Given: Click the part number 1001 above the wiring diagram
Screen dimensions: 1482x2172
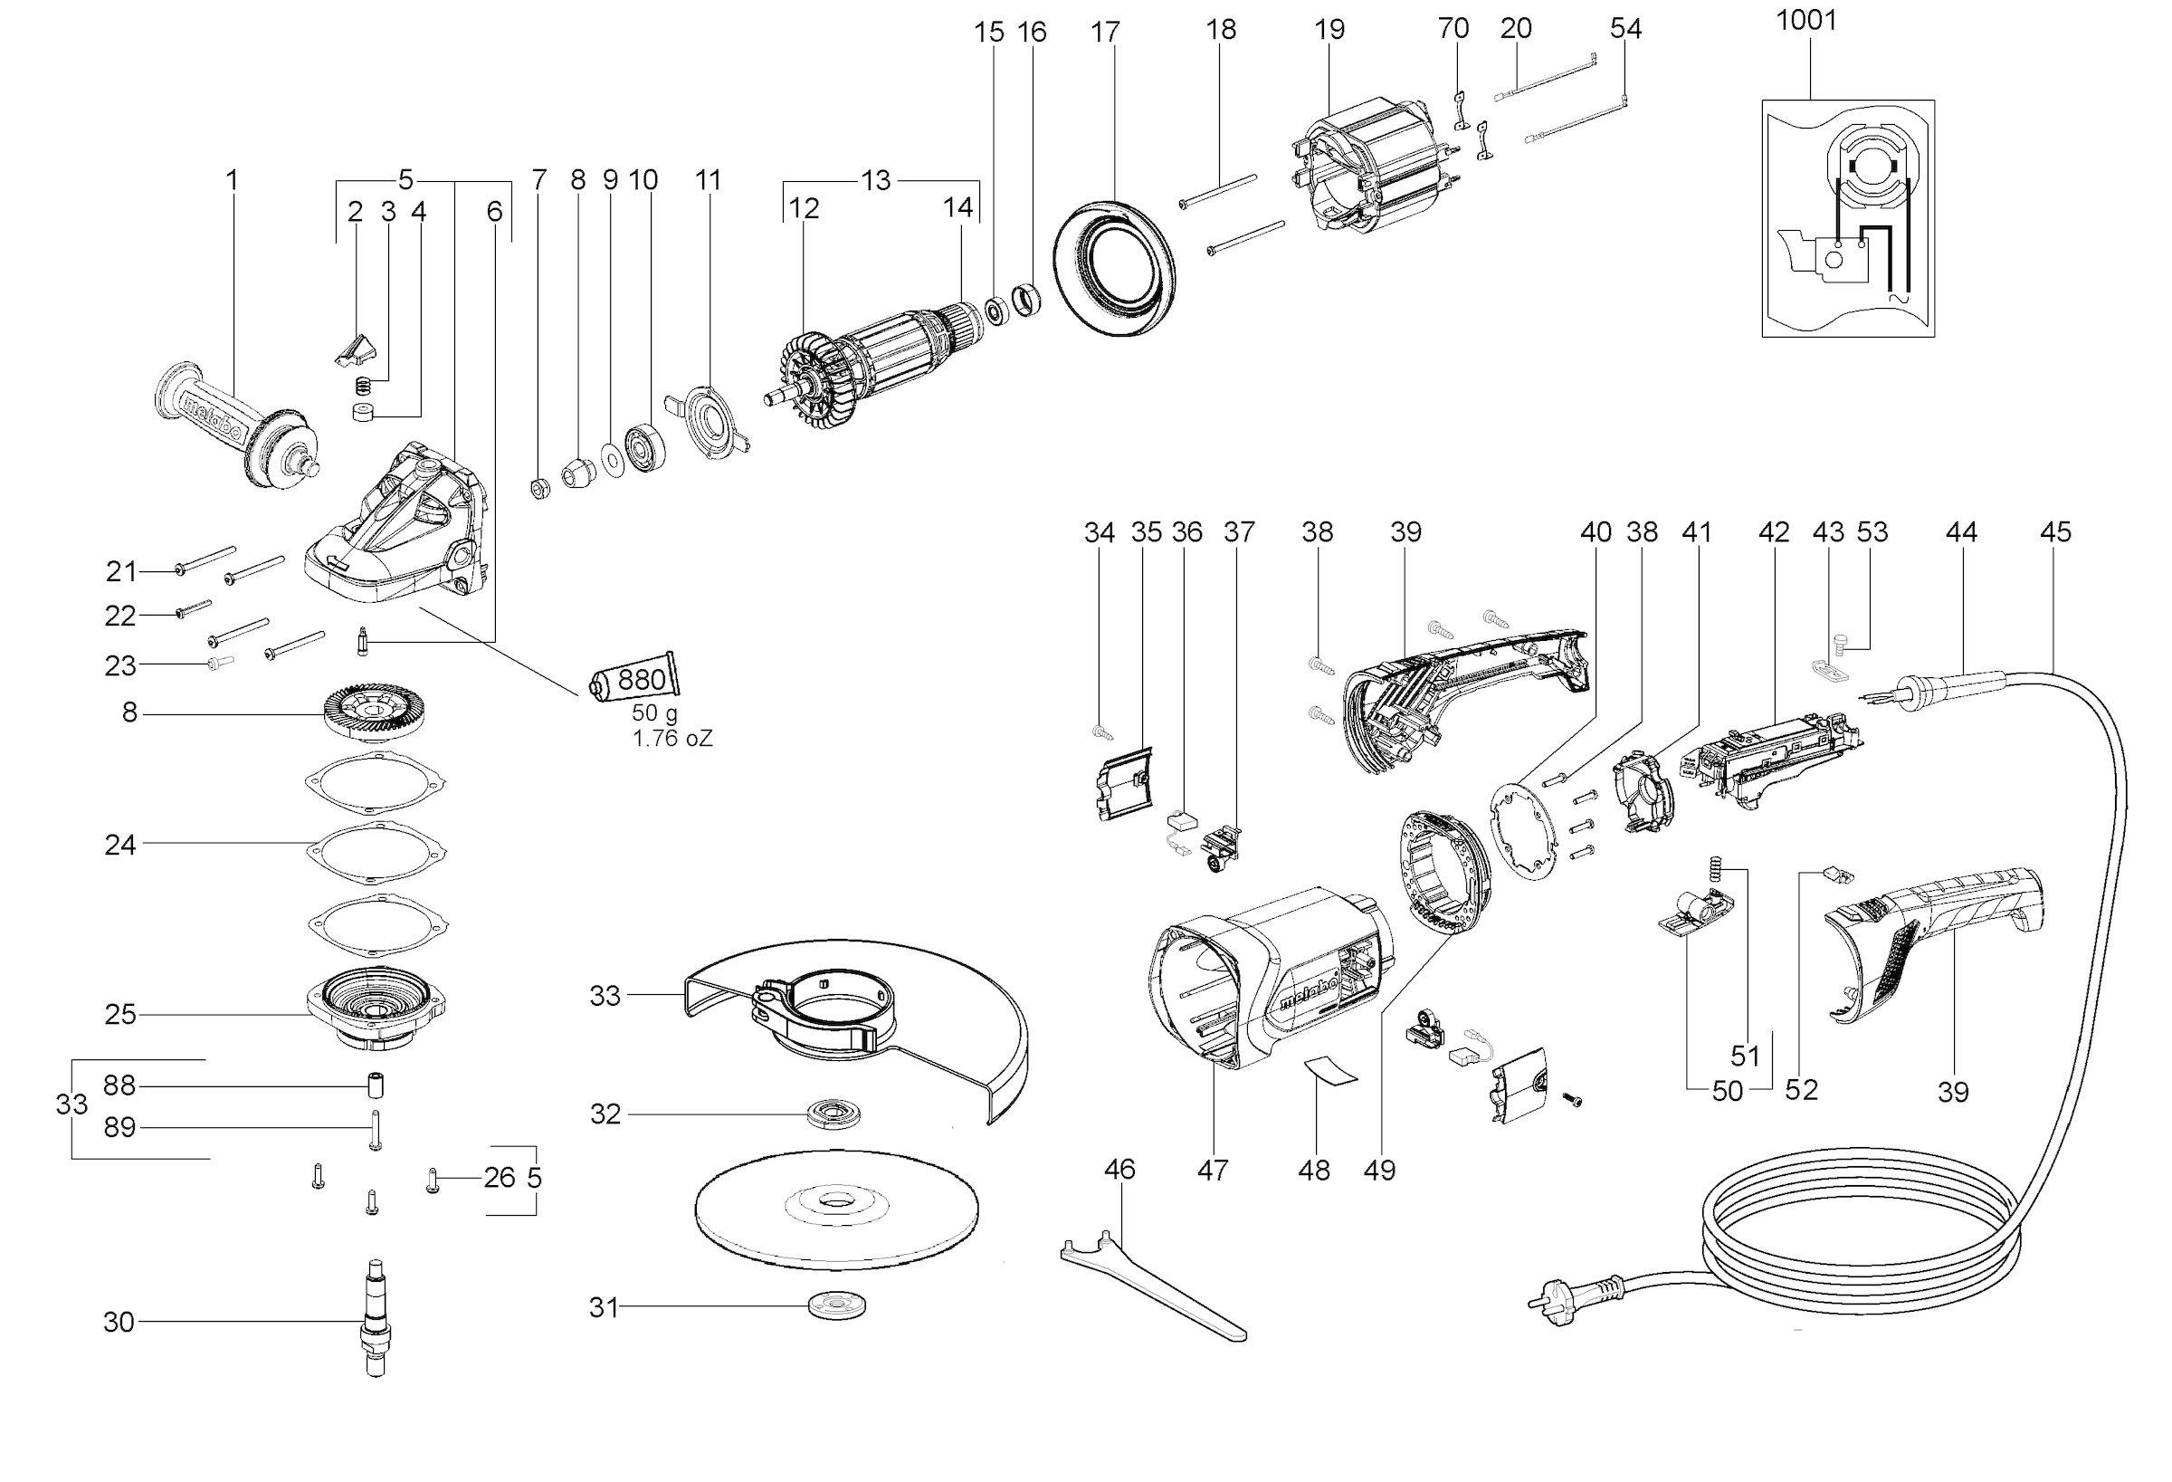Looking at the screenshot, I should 1805,21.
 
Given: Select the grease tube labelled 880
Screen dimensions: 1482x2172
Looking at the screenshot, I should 635,678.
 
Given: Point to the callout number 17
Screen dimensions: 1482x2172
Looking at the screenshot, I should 1105,33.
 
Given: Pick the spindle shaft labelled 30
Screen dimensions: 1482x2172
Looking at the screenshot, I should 375,1318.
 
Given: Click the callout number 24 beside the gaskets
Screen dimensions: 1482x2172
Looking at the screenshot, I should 119,846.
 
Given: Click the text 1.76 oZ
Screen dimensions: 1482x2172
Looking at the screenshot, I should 672,740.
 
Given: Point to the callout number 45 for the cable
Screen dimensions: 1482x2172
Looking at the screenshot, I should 2055,532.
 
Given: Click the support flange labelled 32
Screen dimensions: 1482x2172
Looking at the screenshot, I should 833,1114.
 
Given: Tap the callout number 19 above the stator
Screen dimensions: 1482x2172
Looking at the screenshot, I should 1329,30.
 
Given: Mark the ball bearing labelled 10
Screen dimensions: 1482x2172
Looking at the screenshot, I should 645,449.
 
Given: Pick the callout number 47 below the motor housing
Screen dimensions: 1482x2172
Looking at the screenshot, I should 1212,1170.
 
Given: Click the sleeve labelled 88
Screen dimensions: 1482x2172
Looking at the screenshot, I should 375,1085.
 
